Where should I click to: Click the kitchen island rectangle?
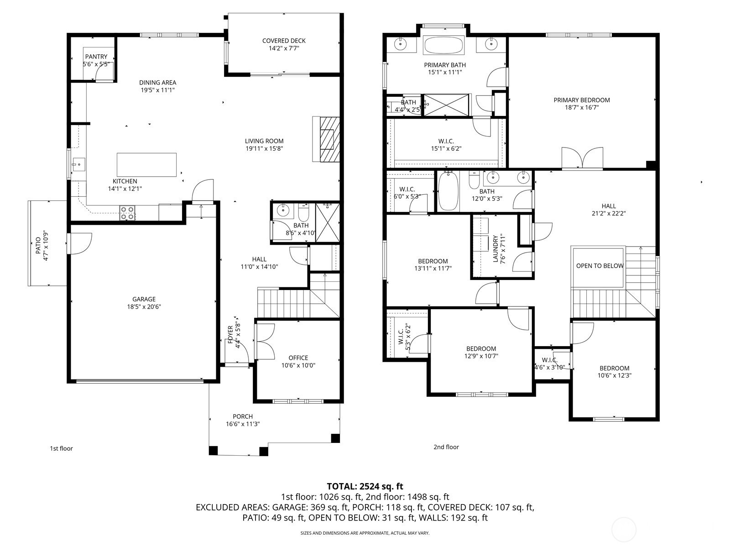point(146,165)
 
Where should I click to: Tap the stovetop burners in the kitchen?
point(127,213)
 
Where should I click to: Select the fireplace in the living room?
point(326,139)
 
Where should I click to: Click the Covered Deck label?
point(284,41)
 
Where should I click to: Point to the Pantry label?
point(96,57)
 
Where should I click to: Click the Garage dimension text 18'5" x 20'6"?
point(144,306)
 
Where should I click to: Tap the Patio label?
point(38,245)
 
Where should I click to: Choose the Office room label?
point(298,358)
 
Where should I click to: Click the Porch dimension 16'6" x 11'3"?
point(242,424)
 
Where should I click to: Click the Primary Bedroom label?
point(581,100)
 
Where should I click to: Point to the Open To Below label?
point(600,265)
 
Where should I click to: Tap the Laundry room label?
point(495,248)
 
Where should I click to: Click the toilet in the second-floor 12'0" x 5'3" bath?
point(474,180)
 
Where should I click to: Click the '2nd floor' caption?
point(446,447)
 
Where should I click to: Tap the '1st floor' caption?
point(61,448)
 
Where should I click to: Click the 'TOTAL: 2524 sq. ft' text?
point(365,486)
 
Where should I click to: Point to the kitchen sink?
point(78,164)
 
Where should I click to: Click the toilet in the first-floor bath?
point(303,210)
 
